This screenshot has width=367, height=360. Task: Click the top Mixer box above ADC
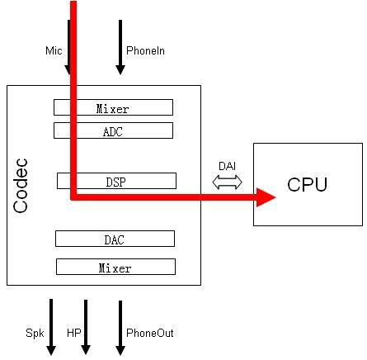(113, 107)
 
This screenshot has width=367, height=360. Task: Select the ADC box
(113, 130)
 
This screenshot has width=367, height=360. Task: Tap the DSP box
(116, 180)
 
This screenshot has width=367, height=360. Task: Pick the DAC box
(115, 239)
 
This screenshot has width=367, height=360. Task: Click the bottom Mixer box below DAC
(115, 267)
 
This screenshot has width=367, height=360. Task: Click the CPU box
(308, 184)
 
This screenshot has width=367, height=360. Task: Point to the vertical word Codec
(22, 185)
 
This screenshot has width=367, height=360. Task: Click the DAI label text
(227, 166)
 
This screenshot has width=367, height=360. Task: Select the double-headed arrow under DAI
(227, 182)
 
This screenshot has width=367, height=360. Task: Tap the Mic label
(54, 51)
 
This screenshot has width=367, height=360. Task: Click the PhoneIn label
(145, 51)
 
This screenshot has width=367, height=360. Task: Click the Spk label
(34, 334)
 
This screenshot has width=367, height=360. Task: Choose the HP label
(73, 334)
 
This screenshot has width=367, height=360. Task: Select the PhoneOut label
(149, 334)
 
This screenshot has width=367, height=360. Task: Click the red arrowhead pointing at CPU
(265, 197)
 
